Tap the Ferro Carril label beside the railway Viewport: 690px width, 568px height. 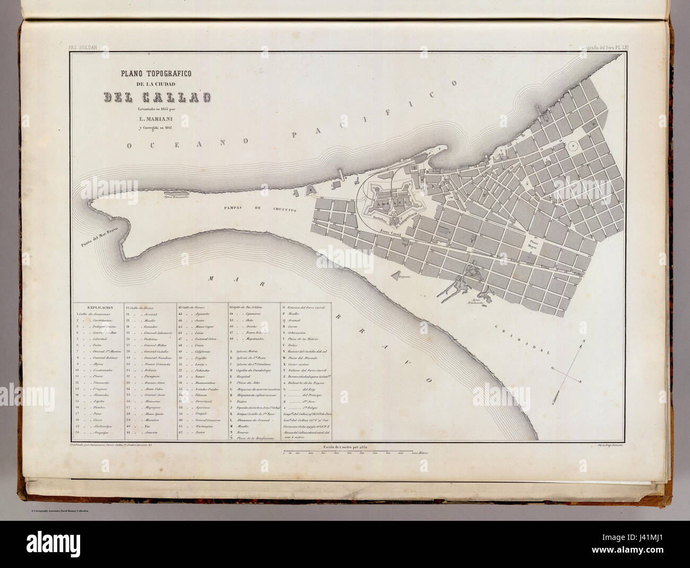(392, 231)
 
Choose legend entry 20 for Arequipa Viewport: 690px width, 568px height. (93, 433)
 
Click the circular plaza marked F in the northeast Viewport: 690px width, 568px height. (574, 144)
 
